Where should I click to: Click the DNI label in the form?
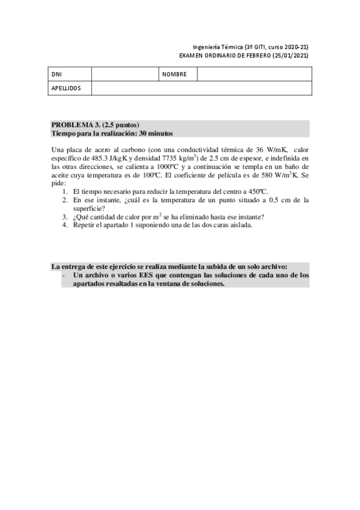[56, 75]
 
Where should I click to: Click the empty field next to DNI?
[124, 75]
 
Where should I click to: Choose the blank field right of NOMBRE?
[254, 75]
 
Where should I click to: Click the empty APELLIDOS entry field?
[201, 88]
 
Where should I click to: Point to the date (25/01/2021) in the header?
[290, 55]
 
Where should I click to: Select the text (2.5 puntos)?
[122, 124]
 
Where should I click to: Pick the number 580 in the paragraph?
[258, 174]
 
